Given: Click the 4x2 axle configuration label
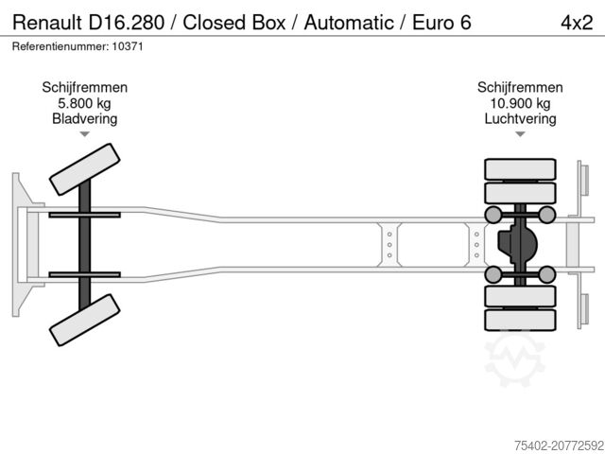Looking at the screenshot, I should pyautogui.click(x=574, y=22).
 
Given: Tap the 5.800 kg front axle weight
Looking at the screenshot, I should pyautogui.click(x=85, y=103).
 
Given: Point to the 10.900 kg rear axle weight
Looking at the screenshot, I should pyautogui.click(x=520, y=103).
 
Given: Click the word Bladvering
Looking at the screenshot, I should pyautogui.click(x=85, y=119).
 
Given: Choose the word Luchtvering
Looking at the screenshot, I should pyautogui.click(x=520, y=119).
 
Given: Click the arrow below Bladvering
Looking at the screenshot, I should pyautogui.click(x=85, y=134).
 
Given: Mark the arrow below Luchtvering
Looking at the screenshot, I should pyautogui.click(x=520, y=134).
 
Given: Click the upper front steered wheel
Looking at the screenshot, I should pyautogui.click(x=84, y=172).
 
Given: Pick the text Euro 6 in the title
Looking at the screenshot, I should pyautogui.click(x=441, y=22).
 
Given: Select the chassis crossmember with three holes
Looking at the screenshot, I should pyautogui.click(x=389, y=244).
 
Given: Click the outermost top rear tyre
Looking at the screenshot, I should pyautogui.click(x=519, y=170).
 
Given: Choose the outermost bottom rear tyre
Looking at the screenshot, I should pyautogui.click(x=519, y=321).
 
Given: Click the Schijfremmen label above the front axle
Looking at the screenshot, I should pyautogui.click(x=85, y=87).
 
